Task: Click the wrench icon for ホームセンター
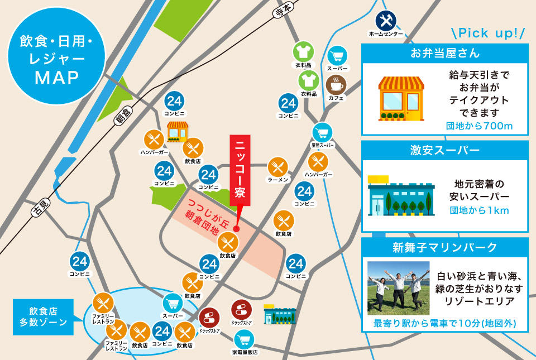click(x=385, y=21)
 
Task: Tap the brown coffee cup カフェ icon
click(x=336, y=86)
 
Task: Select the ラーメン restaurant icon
click(x=277, y=166)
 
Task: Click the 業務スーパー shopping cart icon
click(x=322, y=133)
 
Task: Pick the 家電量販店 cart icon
click(x=245, y=339)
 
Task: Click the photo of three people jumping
click(x=398, y=288)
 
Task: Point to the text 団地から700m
click(x=479, y=126)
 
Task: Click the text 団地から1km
click(x=479, y=211)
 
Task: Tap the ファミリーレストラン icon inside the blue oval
click(x=104, y=304)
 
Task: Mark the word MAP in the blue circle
click(x=57, y=78)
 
